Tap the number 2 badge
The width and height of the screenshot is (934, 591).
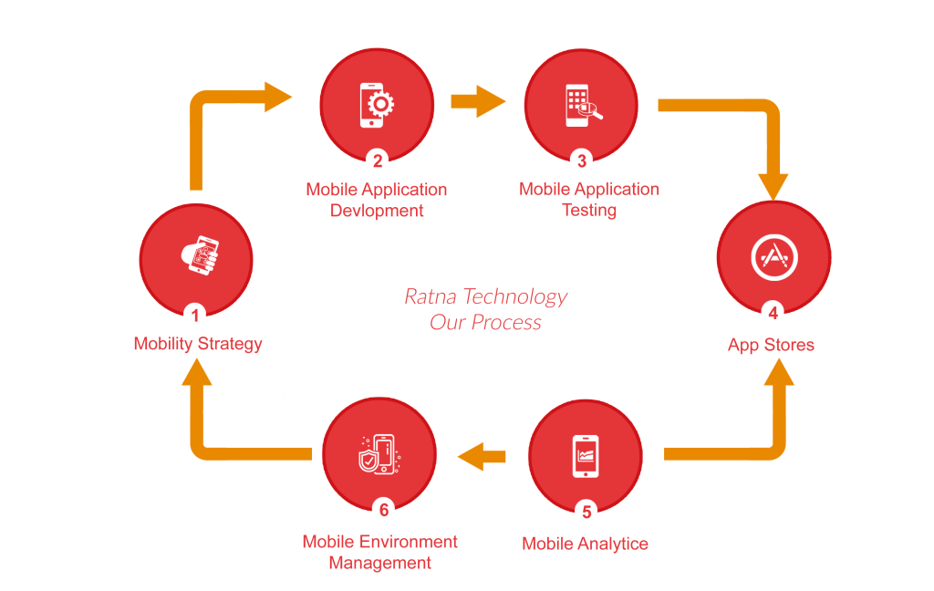[x=377, y=161]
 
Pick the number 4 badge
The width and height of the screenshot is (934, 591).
[x=773, y=314]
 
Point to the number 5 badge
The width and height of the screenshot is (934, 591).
[x=585, y=511]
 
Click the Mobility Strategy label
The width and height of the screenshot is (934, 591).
[x=198, y=344]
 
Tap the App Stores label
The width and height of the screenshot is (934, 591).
[x=771, y=346]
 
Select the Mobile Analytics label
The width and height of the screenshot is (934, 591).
[x=585, y=544]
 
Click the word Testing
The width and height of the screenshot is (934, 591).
[x=589, y=210]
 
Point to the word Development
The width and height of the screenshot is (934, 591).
[x=377, y=211]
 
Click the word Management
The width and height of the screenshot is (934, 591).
[x=379, y=563]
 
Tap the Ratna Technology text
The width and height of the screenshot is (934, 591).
[x=485, y=297]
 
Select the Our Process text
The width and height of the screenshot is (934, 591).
[x=485, y=323]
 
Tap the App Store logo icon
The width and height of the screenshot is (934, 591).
[x=773, y=259]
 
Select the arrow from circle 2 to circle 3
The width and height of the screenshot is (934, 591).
[x=478, y=100]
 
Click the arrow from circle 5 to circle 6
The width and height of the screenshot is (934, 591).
[x=482, y=454]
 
